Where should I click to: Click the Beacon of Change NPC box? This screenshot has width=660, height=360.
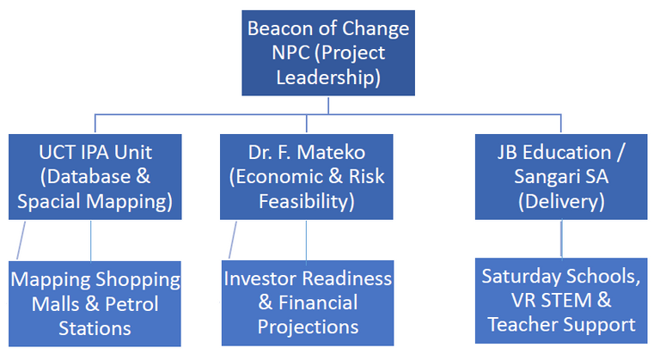click(328, 53)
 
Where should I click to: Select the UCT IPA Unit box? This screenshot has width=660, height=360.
click(95, 177)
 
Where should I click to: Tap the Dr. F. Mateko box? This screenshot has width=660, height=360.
click(307, 177)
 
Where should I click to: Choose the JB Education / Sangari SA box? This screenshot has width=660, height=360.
click(561, 177)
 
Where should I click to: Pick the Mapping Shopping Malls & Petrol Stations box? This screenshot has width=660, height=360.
click(95, 303)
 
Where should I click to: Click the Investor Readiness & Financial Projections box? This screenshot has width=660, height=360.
click(308, 302)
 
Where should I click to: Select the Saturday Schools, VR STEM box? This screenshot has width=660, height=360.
click(561, 301)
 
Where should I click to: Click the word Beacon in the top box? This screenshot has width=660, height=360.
click(280, 28)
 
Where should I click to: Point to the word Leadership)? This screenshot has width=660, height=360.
click(328, 77)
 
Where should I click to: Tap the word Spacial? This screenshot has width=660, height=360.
click(49, 202)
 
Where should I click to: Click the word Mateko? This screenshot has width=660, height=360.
click(331, 152)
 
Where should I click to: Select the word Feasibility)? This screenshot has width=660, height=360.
click(307, 201)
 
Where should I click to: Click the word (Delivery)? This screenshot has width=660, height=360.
click(561, 201)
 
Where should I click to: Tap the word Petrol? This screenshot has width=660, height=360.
click(131, 304)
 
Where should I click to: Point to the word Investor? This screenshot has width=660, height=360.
click(260, 278)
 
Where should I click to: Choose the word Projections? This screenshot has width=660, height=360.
click(308, 327)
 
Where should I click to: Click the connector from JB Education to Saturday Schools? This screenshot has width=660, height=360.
click(561, 239)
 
